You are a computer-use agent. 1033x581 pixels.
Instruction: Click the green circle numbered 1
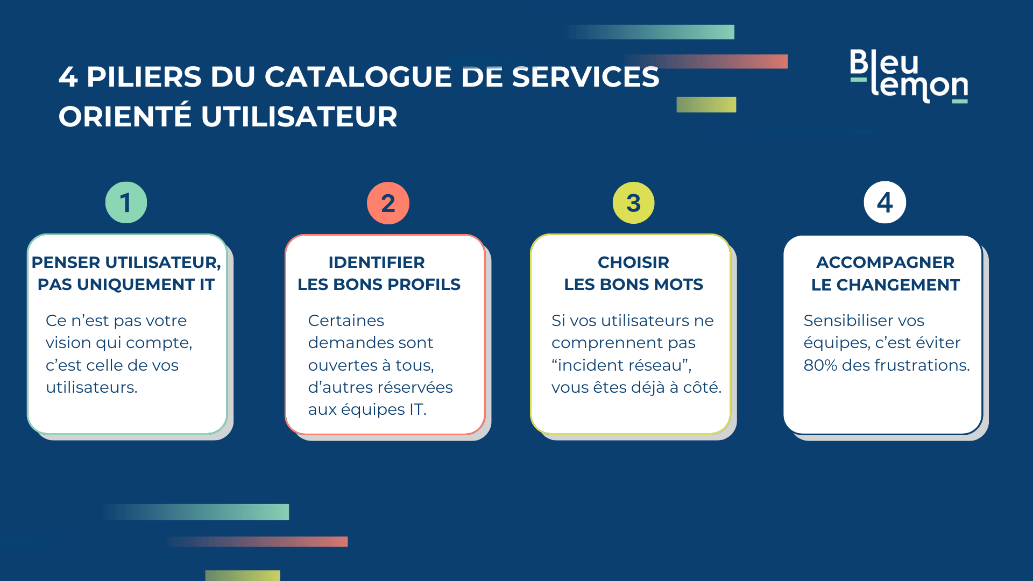pos(126,203)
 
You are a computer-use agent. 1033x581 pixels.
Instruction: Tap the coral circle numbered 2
pos(388,203)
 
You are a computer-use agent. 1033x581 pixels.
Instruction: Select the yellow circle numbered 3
pos(633,203)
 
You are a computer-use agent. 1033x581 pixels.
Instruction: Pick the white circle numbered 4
pos(885,203)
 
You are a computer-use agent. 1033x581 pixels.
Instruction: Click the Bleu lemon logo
pos(909,76)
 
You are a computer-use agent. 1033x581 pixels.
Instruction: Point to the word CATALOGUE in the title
pos(357,76)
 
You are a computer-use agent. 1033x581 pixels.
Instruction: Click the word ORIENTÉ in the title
pos(125,117)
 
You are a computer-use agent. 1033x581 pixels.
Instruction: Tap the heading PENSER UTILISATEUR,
pos(126,262)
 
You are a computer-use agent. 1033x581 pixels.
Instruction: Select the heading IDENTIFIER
pos(377,262)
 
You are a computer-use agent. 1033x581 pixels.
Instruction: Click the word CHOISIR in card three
pos(633,262)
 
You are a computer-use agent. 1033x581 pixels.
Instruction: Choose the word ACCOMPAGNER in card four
pos(885,262)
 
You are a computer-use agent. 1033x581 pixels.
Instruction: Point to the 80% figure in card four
pos(820,365)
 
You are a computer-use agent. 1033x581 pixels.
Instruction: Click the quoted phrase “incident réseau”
pos(621,365)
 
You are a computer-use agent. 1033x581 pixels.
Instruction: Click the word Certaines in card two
pos(346,321)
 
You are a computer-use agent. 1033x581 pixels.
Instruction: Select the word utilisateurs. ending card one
pos(91,387)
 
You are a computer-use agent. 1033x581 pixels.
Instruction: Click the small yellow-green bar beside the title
pos(706,104)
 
